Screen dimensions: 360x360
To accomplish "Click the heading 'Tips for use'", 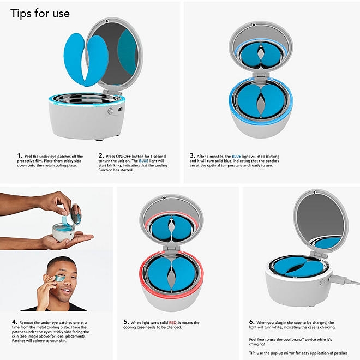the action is (x=40, y=14).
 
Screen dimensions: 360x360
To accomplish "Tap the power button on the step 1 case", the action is (x=110, y=111).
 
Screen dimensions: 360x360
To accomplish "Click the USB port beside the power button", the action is (x=120, y=110).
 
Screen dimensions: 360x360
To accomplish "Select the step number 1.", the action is (x=20, y=156).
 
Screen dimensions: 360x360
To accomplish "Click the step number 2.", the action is (x=101, y=156).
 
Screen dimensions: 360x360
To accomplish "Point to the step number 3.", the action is (x=192, y=156).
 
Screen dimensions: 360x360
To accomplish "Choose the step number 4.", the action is (x=15, y=322).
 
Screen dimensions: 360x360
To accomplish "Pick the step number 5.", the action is (x=126, y=322).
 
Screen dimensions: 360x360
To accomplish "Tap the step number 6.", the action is (x=251, y=322).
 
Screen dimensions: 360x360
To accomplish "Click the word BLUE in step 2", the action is (x=143, y=161).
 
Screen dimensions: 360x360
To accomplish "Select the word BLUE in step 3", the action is (x=237, y=157).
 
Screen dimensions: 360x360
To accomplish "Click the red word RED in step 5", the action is (x=173, y=322).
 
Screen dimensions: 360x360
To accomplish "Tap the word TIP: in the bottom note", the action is (x=253, y=353).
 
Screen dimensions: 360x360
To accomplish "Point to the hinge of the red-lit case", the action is (x=171, y=248).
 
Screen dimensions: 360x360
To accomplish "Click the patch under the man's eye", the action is (x=60, y=278).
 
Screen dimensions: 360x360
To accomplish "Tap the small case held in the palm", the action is (x=64, y=232).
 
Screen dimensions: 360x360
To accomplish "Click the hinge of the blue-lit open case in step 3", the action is (x=261, y=75).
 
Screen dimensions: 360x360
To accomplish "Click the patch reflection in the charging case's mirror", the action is (x=328, y=243).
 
